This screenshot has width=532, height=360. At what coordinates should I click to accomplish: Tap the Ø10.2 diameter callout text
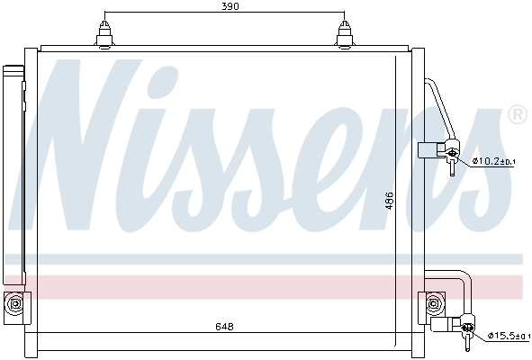[495, 161]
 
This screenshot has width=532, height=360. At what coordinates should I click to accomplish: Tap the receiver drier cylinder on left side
[13, 171]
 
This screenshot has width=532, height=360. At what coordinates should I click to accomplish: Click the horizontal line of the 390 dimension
[180, 16]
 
